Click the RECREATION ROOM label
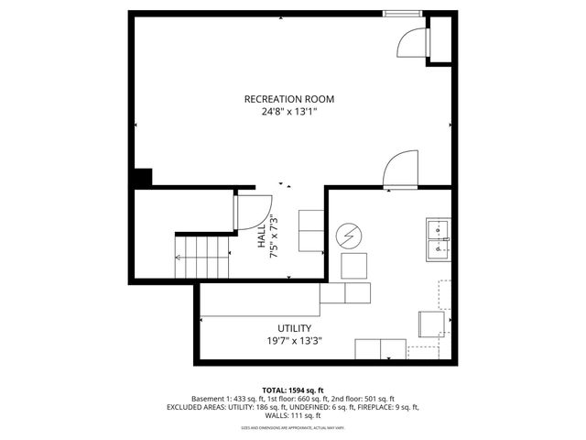288,99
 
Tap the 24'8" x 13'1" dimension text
288,113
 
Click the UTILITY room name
294,328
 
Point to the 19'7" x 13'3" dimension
294,341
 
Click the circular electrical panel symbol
348,236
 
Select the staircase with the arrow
204,256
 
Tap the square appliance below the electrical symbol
353,266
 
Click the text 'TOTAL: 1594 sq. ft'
293,390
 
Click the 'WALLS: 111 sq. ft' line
293,415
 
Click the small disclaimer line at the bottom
293,427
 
